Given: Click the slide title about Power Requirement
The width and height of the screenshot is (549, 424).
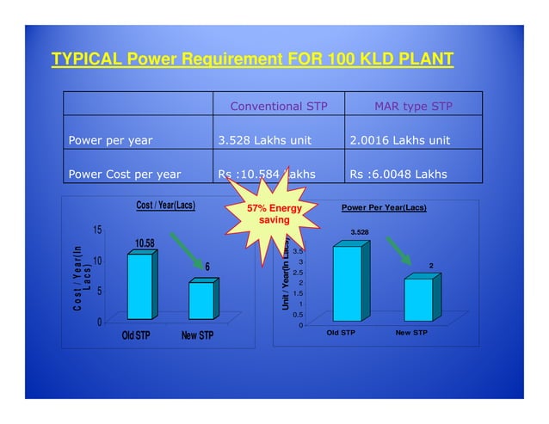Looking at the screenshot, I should pos(252,59).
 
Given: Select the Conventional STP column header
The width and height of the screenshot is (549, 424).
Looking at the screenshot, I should pos(278,107).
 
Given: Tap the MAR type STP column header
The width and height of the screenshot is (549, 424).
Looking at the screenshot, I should pos(413,107).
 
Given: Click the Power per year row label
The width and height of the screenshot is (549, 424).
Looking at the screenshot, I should pos(111,140).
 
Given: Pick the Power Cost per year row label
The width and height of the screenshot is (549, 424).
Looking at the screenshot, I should pos(125,174).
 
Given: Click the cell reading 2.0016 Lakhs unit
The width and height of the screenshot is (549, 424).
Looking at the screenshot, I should pos(399,140).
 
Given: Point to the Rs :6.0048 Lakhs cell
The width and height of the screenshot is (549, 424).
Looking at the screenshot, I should pos(398,174).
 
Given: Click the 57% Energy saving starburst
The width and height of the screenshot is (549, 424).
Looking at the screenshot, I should pos(268,214).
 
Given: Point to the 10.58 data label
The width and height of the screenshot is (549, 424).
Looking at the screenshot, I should pos(143,243).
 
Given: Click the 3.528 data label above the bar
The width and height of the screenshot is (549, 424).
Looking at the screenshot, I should pos(359,231).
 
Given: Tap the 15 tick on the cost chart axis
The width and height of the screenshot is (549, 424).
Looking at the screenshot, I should pos(99,230).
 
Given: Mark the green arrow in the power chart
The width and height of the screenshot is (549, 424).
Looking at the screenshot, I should pos(397,251).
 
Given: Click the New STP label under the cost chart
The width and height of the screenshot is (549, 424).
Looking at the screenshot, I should pos(197,335).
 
